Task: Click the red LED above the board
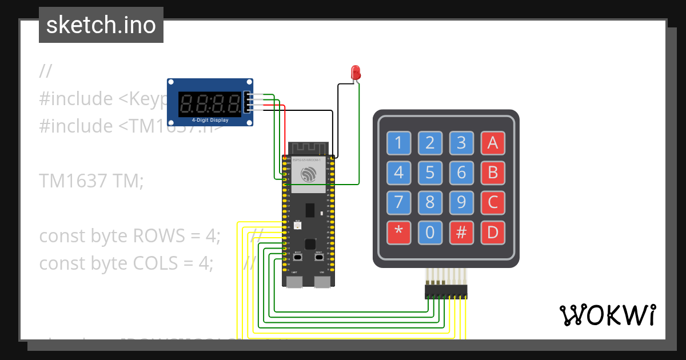[x=356, y=73]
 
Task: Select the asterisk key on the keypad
[x=398, y=232]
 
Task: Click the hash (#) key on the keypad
[x=461, y=232]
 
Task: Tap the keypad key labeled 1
[x=398, y=143]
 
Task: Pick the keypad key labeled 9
[x=461, y=202]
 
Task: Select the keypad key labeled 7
[x=398, y=202]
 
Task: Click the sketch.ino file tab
[x=101, y=25]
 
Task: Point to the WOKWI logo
[x=607, y=315]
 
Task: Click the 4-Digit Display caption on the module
[x=210, y=120]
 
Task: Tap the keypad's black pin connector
[x=445, y=293]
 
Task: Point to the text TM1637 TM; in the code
[x=91, y=181]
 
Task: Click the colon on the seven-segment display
[x=210, y=104]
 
